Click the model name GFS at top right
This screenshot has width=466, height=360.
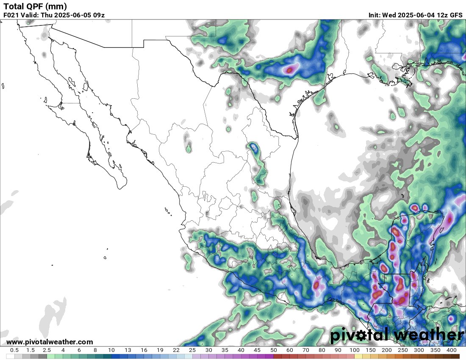tap(456, 15)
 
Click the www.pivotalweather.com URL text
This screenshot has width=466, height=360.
tap(50, 342)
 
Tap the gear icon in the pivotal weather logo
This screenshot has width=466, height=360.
tap(362, 335)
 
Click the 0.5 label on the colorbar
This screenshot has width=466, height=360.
tap(14, 350)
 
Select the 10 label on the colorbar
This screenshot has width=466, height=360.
tap(111, 350)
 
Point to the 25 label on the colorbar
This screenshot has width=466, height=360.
tap(192, 350)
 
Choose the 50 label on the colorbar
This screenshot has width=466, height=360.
tap(273, 350)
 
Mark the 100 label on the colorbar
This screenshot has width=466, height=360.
tap(354, 350)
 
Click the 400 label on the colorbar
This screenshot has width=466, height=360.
tap(451, 350)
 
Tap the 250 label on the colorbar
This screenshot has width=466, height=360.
tap(403, 350)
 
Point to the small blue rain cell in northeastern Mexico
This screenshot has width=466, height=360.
tap(253, 147)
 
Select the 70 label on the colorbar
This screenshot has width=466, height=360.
tap(306, 350)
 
